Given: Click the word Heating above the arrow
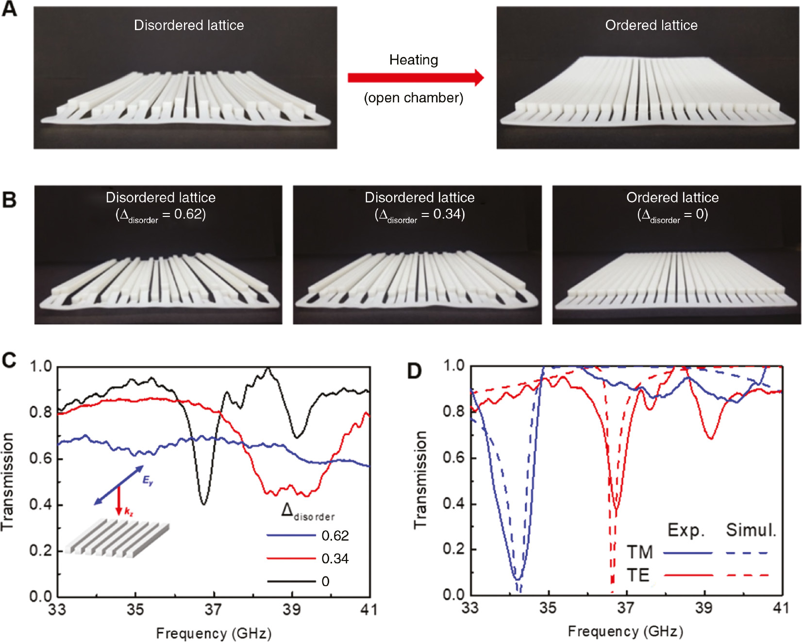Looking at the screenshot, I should [414, 60].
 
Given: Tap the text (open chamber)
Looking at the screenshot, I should [414, 98].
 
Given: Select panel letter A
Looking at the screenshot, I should [9, 9].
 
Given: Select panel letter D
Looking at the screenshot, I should [414, 371].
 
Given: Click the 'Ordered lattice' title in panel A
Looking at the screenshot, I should [651, 25].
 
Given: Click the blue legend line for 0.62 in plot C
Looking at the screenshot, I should [290, 535].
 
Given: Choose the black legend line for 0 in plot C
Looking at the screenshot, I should [290, 581].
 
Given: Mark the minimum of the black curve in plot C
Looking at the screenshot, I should [204, 504].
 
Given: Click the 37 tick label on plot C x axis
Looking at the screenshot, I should [213, 609].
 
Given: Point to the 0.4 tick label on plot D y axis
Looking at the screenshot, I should [453, 503].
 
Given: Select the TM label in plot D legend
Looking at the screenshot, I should [639, 552].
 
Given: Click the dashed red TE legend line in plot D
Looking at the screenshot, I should [747, 576].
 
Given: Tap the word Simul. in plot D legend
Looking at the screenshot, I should [751, 530].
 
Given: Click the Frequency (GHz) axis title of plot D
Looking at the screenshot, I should [625, 631].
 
